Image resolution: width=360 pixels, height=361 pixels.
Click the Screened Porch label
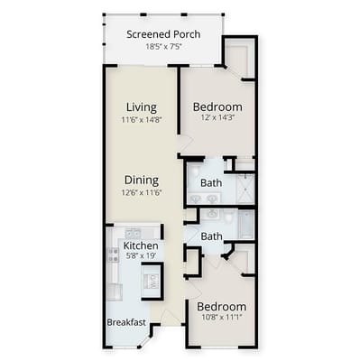point(163,34)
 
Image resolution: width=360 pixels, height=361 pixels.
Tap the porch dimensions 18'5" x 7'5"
point(164,47)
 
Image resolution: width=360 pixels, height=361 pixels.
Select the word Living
point(142,107)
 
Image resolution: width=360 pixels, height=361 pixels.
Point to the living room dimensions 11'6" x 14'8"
point(142,120)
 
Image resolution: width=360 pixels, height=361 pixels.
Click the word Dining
point(142,180)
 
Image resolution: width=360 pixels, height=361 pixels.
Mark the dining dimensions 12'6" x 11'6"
point(142,192)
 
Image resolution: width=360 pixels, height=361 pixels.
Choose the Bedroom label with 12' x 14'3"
point(217,106)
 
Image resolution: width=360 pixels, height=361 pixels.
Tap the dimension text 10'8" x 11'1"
point(222,317)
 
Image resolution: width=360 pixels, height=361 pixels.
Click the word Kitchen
point(141,245)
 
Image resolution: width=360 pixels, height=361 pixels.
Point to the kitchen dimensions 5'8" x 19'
point(141,256)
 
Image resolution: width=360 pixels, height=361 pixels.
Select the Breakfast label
point(126,322)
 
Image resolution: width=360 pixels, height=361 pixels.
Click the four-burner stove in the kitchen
point(113,255)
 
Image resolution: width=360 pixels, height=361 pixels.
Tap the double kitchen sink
point(134,233)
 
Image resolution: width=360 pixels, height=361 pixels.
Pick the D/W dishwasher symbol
point(152,282)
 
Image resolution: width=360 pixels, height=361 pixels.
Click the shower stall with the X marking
point(245,189)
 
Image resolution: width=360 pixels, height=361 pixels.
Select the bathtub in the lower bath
point(246,225)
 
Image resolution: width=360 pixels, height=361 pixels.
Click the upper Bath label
point(211,182)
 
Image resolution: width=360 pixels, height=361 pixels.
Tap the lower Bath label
point(211,236)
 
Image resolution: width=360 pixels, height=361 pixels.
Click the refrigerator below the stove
point(115,292)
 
